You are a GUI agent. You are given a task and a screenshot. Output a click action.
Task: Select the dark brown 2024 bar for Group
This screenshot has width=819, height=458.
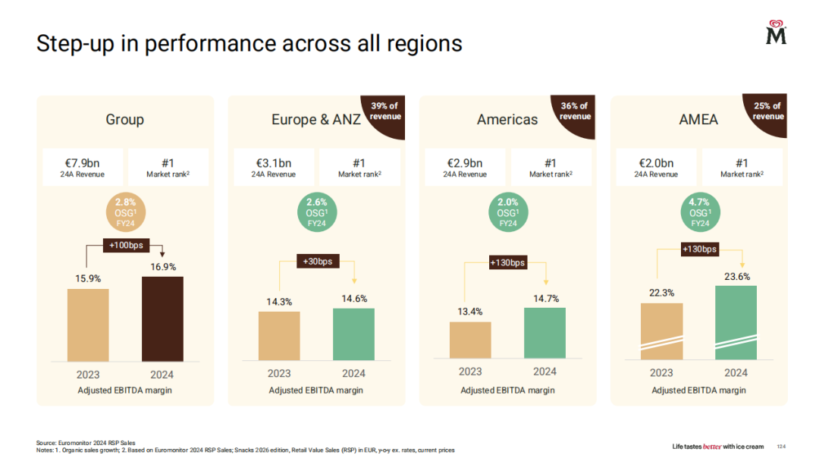click(162, 318)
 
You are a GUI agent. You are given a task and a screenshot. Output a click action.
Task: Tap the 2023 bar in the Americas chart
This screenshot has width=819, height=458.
click(470, 340)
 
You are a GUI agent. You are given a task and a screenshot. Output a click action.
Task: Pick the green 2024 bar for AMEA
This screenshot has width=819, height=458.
click(736, 322)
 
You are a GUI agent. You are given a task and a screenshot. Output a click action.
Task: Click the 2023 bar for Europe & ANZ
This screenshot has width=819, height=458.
click(279, 335)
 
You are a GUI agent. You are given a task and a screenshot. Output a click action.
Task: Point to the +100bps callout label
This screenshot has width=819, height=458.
click(126, 245)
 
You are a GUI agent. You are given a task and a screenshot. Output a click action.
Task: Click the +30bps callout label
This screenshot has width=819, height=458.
click(317, 262)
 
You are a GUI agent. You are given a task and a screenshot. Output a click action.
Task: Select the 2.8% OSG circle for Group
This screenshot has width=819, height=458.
click(125, 212)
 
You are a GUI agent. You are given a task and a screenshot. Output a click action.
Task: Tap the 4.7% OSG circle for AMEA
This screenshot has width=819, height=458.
click(699, 212)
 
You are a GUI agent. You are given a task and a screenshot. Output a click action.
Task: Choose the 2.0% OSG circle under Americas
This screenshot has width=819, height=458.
click(507, 212)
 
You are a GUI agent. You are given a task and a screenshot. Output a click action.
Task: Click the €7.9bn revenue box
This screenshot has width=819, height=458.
click(81, 167)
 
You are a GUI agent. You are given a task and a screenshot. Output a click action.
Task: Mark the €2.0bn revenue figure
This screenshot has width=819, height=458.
click(655, 162)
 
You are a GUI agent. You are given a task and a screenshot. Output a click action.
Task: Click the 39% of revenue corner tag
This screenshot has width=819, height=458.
click(385, 111)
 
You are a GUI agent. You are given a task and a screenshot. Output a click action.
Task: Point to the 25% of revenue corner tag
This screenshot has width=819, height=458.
click(767, 111)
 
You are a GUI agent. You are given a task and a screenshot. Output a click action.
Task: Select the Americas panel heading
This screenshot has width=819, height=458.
click(507, 120)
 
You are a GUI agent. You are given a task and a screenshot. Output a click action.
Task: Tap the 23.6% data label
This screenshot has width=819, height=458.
click(736, 277)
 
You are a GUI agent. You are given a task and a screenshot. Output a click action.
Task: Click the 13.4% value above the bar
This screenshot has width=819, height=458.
click(469, 312)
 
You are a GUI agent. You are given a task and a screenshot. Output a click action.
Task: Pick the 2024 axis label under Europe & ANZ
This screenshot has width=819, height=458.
click(353, 373)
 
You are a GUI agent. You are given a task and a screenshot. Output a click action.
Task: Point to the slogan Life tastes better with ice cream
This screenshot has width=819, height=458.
click(718, 447)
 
